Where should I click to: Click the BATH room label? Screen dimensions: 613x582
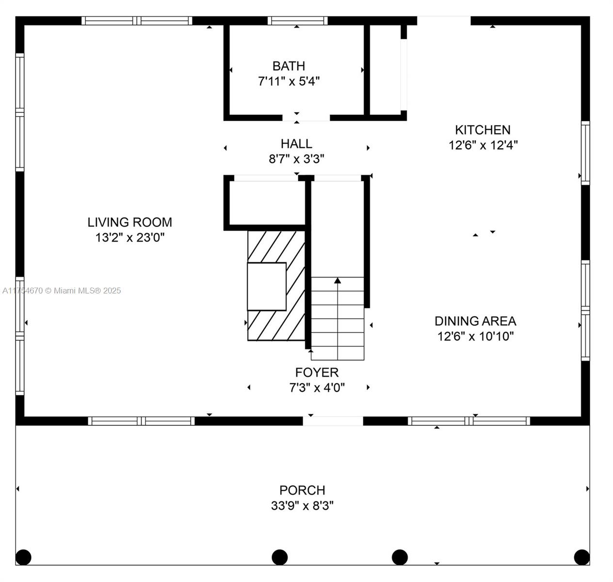pos(289,66)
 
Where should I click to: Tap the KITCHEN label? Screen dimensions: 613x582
pos(483,130)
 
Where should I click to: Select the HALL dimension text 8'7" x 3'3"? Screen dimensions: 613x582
pos(296,159)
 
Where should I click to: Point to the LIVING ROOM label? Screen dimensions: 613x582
pos(129,223)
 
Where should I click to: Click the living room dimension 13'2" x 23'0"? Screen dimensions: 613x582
pos(129,238)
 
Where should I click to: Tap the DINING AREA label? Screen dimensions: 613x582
pos(475,321)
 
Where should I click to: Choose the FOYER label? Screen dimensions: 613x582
pos(317,372)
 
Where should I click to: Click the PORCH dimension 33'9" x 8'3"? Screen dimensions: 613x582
pos(302,505)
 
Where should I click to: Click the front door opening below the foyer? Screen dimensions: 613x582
pos(333,421)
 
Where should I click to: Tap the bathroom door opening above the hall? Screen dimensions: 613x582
pos(306,117)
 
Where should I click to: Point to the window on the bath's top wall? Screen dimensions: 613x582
pos(297,20)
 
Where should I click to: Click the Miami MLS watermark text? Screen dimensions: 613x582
pos(62,291)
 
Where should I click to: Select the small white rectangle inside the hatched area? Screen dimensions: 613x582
pos(267,287)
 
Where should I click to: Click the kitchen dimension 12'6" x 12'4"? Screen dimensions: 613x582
pos(483,145)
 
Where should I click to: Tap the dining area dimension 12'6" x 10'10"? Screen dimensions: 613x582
pos(475,337)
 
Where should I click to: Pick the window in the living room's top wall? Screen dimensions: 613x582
pos(137,20)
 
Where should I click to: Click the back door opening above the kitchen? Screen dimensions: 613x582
pos(444,20)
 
